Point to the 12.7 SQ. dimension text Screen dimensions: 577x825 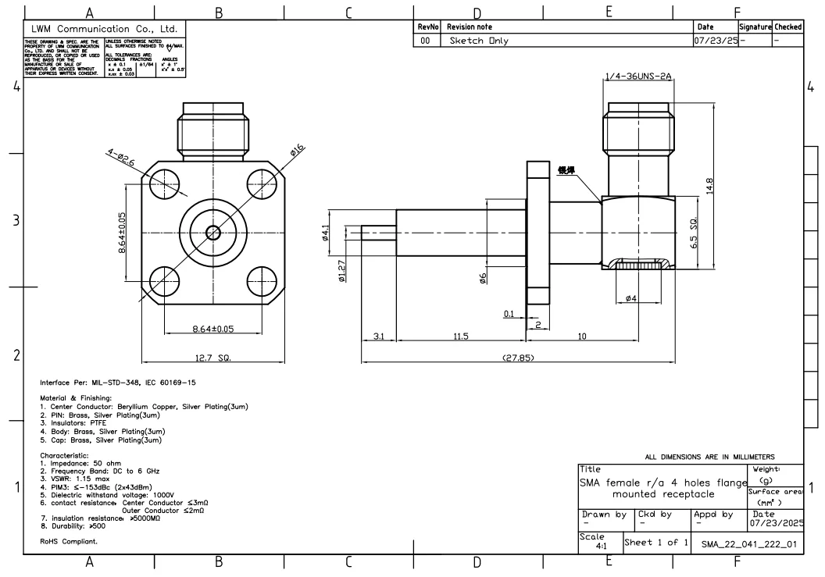(x=213, y=358)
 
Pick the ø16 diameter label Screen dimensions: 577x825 (x=298, y=151)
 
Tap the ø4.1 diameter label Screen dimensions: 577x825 (x=326, y=233)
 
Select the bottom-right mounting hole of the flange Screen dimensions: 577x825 (x=262, y=280)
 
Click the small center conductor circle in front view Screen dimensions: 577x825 (x=213, y=233)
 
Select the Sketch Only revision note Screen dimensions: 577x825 (x=477, y=40)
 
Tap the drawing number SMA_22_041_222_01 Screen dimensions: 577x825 (x=749, y=544)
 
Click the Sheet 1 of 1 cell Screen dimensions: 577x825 (x=656, y=542)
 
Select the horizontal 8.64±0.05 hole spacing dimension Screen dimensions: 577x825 (x=212, y=329)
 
